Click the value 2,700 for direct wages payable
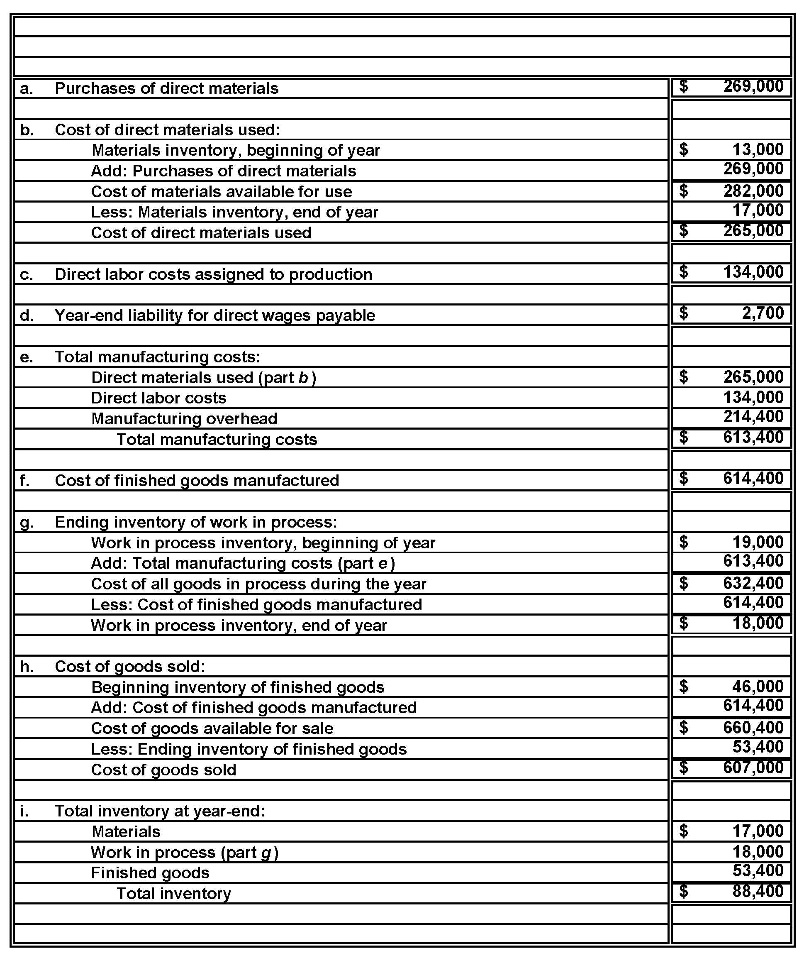(762, 313)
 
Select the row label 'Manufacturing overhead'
(184, 418)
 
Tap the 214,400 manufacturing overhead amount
(753, 416)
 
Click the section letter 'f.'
(25, 480)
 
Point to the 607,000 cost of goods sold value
(753, 767)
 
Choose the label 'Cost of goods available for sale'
(212, 728)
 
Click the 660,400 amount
(753, 727)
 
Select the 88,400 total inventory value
(758, 890)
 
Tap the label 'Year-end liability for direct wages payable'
(214, 315)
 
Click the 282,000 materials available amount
(753, 191)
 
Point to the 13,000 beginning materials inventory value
(758, 149)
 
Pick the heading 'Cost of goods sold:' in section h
(130, 667)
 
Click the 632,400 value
(753, 583)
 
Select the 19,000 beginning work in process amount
(758, 542)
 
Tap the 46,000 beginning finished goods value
(758, 686)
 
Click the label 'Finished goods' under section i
(150, 872)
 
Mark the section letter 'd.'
(27, 315)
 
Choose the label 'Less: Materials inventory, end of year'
(234, 212)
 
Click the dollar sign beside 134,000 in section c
(683, 272)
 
